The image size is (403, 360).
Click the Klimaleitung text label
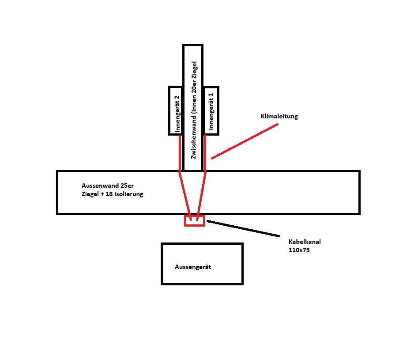[x=279, y=116]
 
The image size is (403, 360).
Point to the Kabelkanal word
[x=305, y=242]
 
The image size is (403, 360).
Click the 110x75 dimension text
[x=299, y=250]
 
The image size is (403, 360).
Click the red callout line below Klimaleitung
[x=245, y=141]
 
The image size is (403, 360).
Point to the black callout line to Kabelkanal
[x=243, y=228]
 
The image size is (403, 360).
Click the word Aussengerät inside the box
[x=193, y=267]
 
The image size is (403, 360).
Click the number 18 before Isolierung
[x=109, y=194]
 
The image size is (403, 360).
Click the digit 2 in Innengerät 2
[x=177, y=98]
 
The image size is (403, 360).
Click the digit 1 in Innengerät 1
[x=211, y=95]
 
